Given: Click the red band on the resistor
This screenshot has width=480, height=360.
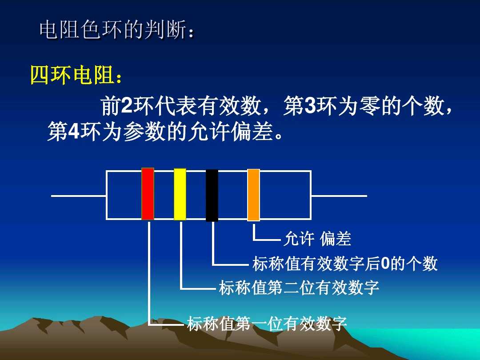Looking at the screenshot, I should coord(148,194).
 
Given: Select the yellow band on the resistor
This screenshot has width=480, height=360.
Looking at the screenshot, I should coord(180,194).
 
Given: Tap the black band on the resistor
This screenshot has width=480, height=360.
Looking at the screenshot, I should coord(212,195).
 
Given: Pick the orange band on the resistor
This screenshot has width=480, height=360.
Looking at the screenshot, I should coord(253,195).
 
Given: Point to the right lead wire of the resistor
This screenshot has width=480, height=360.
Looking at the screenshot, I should coord(339,196).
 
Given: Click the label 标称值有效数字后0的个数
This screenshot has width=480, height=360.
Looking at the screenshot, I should coord(345,264).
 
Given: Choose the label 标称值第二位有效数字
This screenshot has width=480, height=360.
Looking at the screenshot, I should coord(299,288).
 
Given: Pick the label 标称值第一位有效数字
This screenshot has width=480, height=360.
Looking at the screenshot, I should coord(267,324).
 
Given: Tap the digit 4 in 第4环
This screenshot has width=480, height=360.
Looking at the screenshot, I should coord(74,132).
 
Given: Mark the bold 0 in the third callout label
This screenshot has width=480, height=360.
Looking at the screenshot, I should coord(385,264).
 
